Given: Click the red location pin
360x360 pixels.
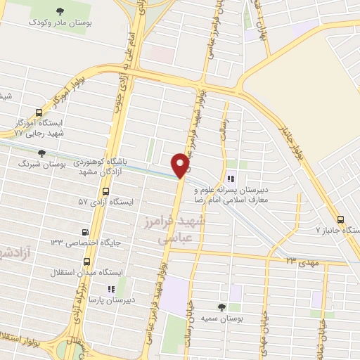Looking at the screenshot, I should pos(181,166).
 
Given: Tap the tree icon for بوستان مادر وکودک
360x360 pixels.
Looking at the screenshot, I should pos(57,10).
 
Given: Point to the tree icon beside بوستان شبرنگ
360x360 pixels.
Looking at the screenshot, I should pos(41,153).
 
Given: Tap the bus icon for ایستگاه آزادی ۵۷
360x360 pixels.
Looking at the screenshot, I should pos(105,191).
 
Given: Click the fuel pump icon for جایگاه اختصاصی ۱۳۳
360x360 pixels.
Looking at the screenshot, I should pos(85,232).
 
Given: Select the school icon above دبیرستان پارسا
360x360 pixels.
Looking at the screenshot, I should pos(110,288).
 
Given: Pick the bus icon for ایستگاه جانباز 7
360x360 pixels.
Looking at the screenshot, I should pos(341,219).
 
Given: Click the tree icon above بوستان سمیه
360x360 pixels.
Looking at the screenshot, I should pos(222,307).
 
